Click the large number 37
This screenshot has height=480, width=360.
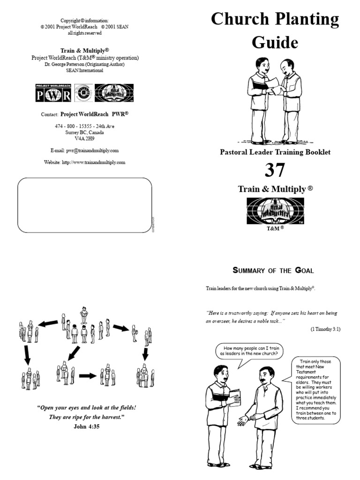click(275, 171)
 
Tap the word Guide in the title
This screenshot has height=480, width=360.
click(275, 42)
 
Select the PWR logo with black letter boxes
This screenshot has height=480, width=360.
click(53, 93)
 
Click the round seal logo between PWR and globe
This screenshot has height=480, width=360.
click(83, 93)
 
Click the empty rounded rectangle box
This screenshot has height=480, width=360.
click(84, 205)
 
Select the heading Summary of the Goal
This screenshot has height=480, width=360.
click(273, 270)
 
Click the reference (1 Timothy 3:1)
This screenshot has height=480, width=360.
click(325, 329)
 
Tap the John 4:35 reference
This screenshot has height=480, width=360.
click(86, 427)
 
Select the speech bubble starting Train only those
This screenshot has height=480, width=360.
click(316, 391)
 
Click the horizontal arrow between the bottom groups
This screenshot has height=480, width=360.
click(87, 375)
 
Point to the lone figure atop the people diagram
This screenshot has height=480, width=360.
click(84, 315)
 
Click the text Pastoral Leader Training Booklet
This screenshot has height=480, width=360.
click(275, 152)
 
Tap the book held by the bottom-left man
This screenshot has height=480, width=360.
click(234, 397)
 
